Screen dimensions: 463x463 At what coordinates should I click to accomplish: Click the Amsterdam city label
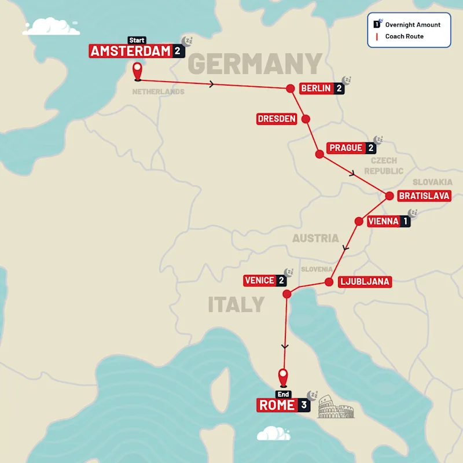[x=131, y=51]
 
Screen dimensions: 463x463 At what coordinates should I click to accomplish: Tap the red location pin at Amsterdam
[x=138, y=71]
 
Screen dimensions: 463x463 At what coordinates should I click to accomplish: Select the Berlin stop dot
[x=291, y=89]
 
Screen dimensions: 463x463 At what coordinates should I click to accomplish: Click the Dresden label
[x=277, y=119]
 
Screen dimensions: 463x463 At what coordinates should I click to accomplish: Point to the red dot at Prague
[x=319, y=154]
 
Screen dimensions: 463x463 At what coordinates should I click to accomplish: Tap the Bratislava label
[x=424, y=196]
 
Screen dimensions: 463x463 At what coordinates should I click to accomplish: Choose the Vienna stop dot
[x=358, y=221]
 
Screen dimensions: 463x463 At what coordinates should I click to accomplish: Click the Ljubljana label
[x=365, y=282]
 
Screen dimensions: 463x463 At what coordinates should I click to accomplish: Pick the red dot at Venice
[x=286, y=295]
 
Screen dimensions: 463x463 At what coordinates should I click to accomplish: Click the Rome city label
[x=277, y=405]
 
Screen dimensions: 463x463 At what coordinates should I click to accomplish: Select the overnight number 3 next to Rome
[x=304, y=405]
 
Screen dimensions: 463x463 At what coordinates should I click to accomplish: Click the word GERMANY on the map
[x=255, y=64]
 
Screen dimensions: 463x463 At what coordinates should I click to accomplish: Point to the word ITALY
[x=236, y=304]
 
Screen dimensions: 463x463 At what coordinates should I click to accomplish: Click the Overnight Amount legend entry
[x=413, y=25]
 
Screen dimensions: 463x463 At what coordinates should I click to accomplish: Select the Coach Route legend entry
[x=404, y=36]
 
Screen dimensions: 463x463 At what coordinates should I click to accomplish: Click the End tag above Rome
[x=283, y=394]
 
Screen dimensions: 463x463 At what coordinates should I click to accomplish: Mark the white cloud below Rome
[x=273, y=433]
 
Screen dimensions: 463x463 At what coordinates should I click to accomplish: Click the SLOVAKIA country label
[x=432, y=182]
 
